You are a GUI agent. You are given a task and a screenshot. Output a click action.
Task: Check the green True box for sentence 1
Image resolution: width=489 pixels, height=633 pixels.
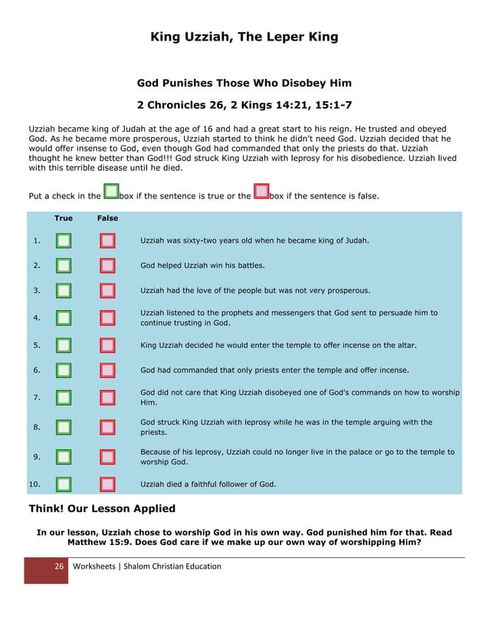tap(64, 241)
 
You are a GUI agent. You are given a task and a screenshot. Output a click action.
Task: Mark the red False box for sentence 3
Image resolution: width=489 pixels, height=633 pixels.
tap(107, 290)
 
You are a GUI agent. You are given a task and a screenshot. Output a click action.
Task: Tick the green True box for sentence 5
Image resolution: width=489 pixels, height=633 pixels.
tap(64, 345)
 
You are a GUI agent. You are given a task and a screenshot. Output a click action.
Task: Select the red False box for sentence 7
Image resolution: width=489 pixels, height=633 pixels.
tap(107, 397)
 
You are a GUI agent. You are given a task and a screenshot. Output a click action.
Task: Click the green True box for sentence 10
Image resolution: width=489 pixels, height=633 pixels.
tap(64, 484)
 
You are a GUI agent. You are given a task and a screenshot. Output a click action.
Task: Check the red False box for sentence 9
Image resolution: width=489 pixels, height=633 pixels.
tap(107, 457)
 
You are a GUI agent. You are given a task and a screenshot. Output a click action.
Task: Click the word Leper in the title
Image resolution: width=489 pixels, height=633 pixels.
tap(271, 37)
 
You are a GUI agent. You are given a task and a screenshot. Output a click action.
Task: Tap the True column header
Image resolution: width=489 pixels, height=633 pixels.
tap(64, 218)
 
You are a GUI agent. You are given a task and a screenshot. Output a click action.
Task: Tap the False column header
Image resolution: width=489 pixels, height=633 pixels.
tap(107, 218)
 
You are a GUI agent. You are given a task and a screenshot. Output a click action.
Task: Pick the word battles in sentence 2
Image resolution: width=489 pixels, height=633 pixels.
tap(248, 266)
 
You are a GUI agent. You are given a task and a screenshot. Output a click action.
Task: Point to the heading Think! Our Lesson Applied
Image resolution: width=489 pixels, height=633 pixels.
tap(102, 508)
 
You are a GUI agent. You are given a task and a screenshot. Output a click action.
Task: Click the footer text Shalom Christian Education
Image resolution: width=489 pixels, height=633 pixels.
tap(169, 566)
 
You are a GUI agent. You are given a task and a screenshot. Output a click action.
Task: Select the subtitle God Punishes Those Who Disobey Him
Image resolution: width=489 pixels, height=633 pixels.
tap(244, 82)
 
